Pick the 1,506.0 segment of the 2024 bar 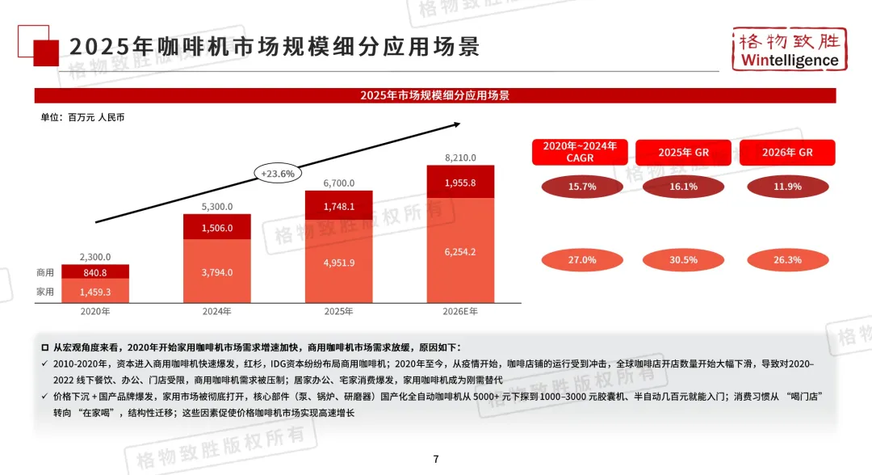(x=217, y=228)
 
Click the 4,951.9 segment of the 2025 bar (x=338, y=263)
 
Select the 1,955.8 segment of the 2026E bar (x=460, y=183)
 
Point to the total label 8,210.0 (x=460, y=158)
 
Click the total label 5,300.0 (x=217, y=206)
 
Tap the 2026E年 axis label (x=460, y=310)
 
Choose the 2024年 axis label (x=217, y=310)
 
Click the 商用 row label (x=45, y=273)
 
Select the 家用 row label (x=45, y=292)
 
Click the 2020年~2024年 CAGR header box (x=580, y=152)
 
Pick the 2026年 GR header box (x=787, y=152)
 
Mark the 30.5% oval (x=684, y=260)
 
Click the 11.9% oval (x=787, y=187)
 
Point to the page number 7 (x=436, y=459)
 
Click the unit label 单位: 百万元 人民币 (x=82, y=117)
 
